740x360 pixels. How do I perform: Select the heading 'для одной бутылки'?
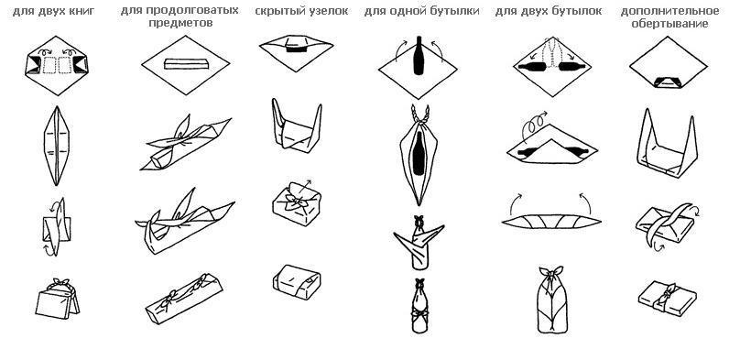pos(410,11)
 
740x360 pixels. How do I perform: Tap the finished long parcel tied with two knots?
pos(186,291)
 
